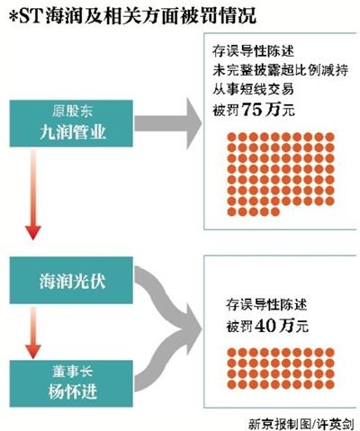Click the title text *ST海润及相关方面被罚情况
click(x=132, y=15)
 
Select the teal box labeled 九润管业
click(x=71, y=123)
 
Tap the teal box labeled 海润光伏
click(x=71, y=280)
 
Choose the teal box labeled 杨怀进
click(x=71, y=383)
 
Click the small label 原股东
click(x=72, y=111)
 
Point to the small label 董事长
click(x=72, y=372)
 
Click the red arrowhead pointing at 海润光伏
click(x=33, y=232)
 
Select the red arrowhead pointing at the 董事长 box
click(x=33, y=351)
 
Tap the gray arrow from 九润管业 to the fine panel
click(x=168, y=123)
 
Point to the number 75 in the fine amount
click(x=252, y=110)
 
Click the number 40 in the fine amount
click(x=265, y=326)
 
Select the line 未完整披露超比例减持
click(x=281, y=70)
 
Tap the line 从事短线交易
click(x=253, y=89)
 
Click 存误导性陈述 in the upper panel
click(x=253, y=51)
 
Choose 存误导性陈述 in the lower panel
click(x=266, y=305)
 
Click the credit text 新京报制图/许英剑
click(x=301, y=424)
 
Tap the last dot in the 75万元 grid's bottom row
click(x=275, y=211)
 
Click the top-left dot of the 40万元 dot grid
click(x=231, y=352)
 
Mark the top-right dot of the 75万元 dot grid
click(x=329, y=137)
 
